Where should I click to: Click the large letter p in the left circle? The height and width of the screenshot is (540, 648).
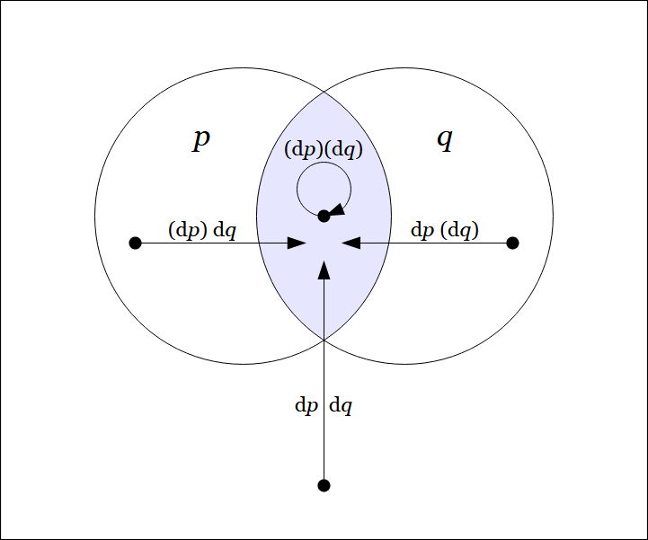pyautogui.click(x=202, y=140)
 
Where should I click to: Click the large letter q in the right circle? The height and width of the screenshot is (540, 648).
pyautogui.click(x=445, y=140)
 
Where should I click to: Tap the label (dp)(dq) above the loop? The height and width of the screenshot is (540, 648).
pyautogui.click(x=324, y=150)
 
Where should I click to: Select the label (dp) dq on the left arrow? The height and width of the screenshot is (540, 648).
pyautogui.click(x=202, y=230)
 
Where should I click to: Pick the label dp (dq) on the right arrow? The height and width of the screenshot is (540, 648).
pyautogui.click(x=445, y=230)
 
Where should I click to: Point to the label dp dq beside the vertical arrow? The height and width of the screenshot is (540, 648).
pyautogui.click(x=324, y=405)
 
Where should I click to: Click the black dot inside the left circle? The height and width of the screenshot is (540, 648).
pyautogui.click(x=136, y=243)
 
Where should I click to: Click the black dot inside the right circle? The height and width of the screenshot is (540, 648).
pyautogui.click(x=513, y=243)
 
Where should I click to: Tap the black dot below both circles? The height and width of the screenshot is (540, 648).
pyautogui.click(x=324, y=485)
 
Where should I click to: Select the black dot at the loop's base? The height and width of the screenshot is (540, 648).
pyautogui.click(x=324, y=216)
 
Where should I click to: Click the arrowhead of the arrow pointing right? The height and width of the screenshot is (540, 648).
pyautogui.click(x=297, y=243)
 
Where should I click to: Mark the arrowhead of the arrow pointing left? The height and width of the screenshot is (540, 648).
pyautogui.click(x=351, y=243)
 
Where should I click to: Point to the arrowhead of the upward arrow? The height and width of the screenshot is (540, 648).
pyautogui.click(x=324, y=270)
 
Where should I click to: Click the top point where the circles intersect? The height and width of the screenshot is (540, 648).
pyautogui.click(x=324, y=92)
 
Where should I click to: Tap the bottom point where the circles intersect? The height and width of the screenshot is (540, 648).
pyautogui.click(x=324, y=340)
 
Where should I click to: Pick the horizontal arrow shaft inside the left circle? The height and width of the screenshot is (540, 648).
pyautogui.click(x=198, y=243)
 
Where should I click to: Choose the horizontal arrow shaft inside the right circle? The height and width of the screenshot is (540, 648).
pyautogui.click(x=449, y=243)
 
